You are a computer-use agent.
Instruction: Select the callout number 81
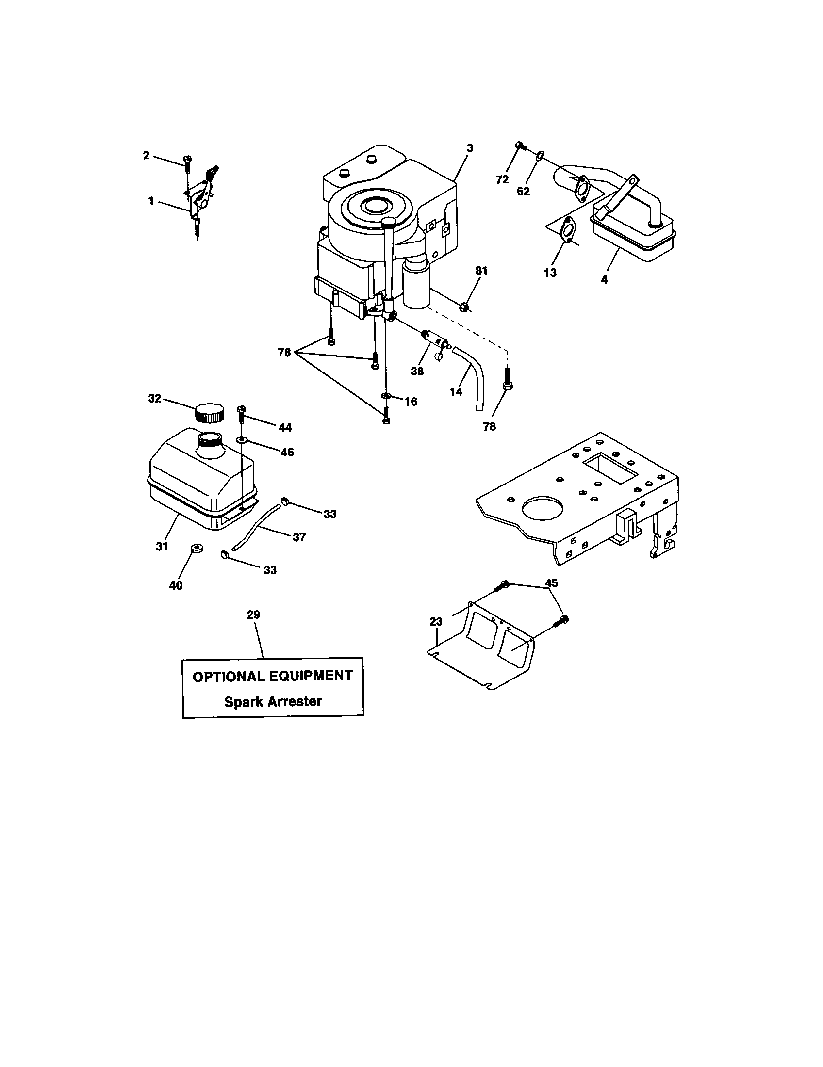coord(481,271)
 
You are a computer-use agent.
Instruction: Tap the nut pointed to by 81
coord(465,307)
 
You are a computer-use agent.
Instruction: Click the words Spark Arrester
coord(273,702)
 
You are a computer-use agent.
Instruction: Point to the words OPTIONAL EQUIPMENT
coord(273,676)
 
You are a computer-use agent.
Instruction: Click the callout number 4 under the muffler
coord(604,280)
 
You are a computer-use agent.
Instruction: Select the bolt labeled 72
coord(520,145)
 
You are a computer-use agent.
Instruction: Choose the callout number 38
coord(417,372)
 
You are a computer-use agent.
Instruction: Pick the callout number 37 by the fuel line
coord(299,537)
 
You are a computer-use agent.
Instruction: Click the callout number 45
coord(551,583)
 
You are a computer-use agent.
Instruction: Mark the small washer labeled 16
coord(386,395)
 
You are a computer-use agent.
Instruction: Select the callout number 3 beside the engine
coord(470,147)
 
